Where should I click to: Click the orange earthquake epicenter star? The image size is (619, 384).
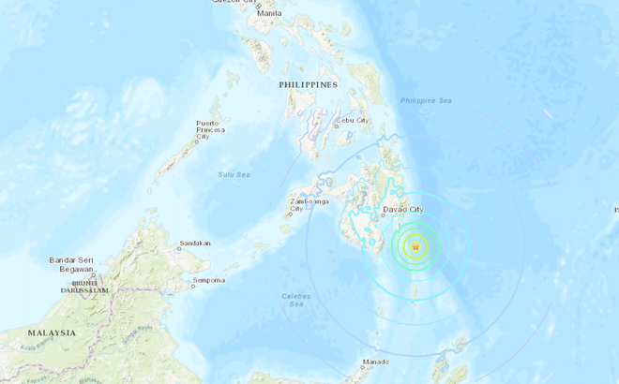415,246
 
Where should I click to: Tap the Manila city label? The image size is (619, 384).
268,14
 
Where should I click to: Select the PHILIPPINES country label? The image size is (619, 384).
308,84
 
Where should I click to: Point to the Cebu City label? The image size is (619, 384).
353,120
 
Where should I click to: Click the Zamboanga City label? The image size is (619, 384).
309,205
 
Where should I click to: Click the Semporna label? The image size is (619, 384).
209,280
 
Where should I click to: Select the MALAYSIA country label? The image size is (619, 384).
52,332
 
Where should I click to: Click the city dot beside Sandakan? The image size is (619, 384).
178,248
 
